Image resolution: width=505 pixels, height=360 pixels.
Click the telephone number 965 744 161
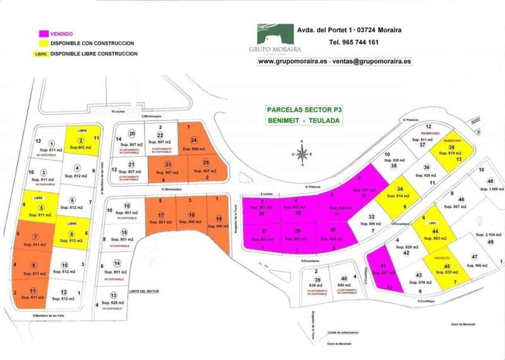click(353, 42)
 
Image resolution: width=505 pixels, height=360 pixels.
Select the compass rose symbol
click(304, 153)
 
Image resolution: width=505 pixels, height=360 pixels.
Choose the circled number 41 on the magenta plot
click(382, 265)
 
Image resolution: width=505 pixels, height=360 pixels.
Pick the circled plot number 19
click(218, 217)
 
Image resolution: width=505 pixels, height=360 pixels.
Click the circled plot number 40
click(344, 279)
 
